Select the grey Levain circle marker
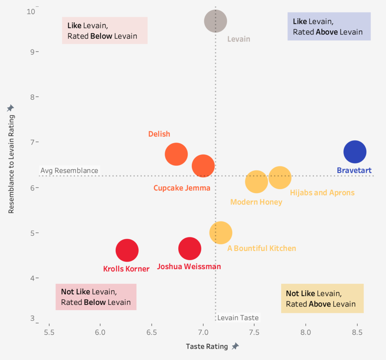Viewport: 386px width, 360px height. (216, 21)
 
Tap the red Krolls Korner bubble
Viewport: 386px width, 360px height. (127, 250)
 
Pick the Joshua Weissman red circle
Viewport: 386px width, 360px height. (190, 249)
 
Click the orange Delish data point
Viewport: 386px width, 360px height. (176, 154)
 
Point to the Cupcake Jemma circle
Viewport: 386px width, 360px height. (203, 166)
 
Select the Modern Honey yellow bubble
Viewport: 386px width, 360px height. (256, 182)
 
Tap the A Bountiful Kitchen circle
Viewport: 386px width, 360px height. (221, 233)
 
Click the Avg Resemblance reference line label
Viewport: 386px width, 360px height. (69, 171)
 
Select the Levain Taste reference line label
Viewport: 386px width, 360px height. (238, 318)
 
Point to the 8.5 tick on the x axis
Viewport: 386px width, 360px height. (357, 332)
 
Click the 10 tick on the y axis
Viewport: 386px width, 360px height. (31, 11)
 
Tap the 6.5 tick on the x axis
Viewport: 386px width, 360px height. (152, 332)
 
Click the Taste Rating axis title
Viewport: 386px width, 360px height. (207, 346)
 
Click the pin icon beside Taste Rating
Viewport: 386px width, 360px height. (235, 346)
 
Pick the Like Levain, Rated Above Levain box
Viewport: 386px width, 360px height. (329, 26)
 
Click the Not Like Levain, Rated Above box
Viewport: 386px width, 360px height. (322, 298)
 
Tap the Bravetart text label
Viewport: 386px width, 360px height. (354, 171)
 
